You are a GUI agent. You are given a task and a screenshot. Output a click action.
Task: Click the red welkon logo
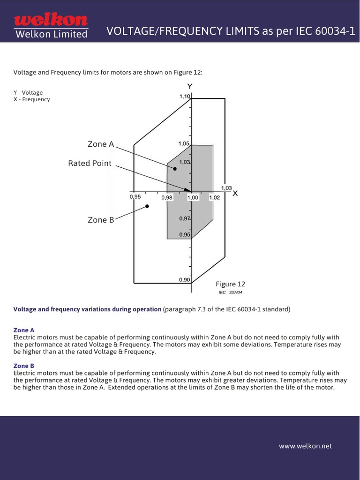point(51,20)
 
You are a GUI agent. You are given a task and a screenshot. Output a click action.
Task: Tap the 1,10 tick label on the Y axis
point(185,96)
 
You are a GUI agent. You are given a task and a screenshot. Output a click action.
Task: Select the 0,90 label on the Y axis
point(184,280)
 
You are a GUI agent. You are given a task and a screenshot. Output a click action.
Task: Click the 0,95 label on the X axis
point(135,197)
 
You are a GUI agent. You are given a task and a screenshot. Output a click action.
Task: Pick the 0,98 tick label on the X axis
point(167,198)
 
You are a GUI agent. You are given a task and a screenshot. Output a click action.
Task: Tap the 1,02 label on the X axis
point(214,198)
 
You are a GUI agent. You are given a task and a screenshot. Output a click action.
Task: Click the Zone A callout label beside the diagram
point(100,144)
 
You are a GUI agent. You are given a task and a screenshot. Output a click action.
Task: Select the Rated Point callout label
point(90,163)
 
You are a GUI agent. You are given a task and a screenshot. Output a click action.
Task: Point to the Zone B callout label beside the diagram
point(100,220)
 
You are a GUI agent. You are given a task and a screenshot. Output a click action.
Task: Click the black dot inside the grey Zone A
point(174,169)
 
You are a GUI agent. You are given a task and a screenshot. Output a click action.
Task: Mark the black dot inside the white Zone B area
point(147,206)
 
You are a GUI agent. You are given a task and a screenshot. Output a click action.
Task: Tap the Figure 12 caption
point(230,284)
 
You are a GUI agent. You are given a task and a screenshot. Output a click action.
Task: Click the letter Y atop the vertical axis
point(190,86)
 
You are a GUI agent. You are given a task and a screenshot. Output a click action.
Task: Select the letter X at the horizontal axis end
point(235,193)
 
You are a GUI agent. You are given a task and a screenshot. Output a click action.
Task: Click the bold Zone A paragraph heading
point(24,330)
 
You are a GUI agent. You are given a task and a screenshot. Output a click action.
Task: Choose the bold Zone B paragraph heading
point(24,366)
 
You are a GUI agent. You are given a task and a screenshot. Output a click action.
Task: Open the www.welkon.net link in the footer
point(305,446)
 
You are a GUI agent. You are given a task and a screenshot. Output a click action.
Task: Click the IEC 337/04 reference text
point(230,292)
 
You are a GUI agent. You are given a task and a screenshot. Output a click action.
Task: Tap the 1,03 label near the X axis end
point(226,187)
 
